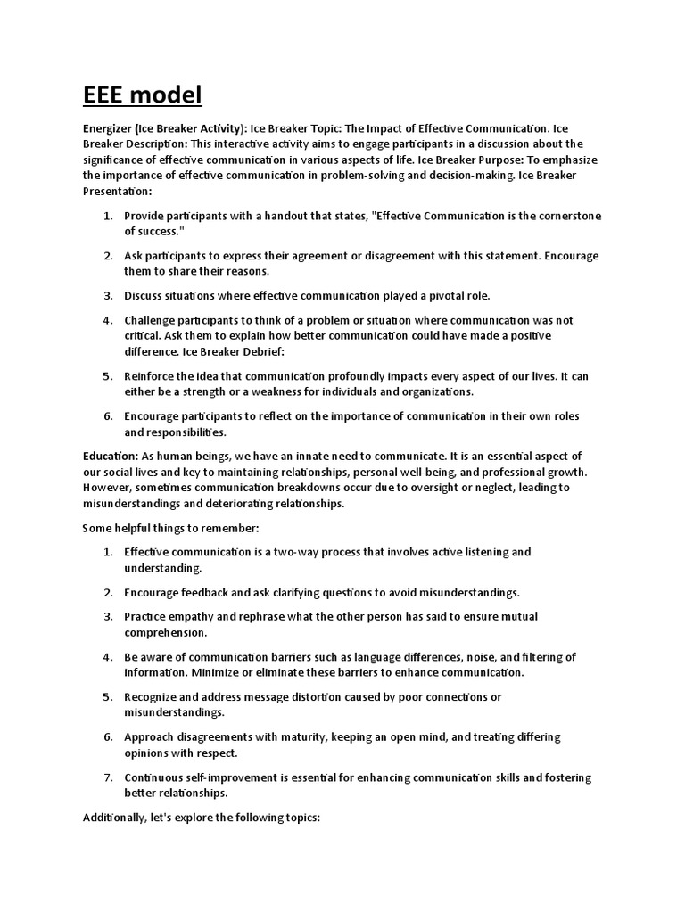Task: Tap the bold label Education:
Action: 110,456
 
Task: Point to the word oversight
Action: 393,488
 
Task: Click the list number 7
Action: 108,778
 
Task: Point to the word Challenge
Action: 151,320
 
